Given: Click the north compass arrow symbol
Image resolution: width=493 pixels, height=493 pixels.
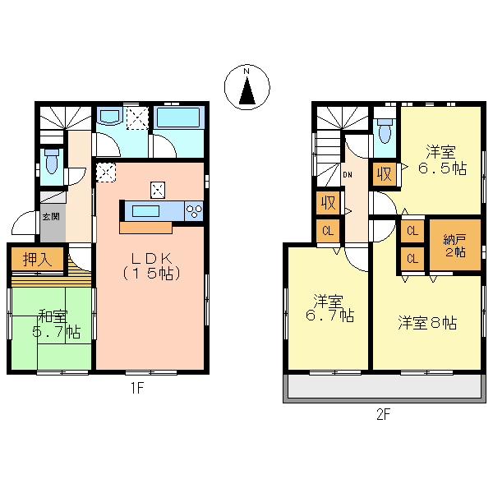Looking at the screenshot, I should tap(246, 89).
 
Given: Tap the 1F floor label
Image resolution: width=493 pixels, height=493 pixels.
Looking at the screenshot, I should tap(136, 389).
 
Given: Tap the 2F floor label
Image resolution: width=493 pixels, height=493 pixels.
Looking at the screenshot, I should tap(383, 414).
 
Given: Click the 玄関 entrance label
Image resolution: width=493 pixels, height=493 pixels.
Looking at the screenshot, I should tap(51, 217).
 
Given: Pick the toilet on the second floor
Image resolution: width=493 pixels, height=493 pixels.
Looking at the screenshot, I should tap(384, 131).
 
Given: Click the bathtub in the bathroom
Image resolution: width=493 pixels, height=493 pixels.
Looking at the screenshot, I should tap(178, 120).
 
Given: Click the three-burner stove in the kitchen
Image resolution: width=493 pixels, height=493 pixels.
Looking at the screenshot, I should tap(194, 210).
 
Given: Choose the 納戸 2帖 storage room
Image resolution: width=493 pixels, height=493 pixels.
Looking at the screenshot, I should tap(455, 245).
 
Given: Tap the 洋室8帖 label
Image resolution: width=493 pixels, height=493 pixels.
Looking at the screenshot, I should tap(427, 322).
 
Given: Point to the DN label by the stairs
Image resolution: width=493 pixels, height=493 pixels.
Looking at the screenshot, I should tap(348, 174).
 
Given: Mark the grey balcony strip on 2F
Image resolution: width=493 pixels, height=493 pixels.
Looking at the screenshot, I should tap(385, 388).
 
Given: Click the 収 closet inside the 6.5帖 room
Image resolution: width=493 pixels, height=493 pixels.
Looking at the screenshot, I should tap(384, 174).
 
